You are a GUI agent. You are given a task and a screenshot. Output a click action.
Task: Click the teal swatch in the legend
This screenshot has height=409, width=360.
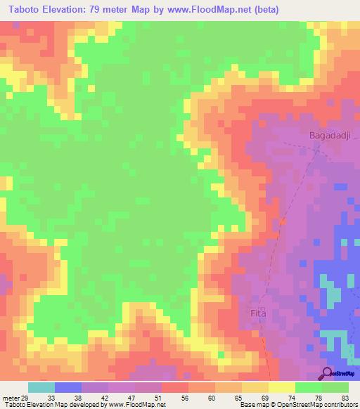coord(41,387)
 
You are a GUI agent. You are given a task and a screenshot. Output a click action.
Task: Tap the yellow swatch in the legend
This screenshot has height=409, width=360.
coord(281,387)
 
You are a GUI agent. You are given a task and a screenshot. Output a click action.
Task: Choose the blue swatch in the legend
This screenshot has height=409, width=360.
coord(68,387)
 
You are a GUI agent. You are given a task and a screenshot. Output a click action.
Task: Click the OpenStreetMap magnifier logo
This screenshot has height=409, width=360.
coord(326,373)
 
